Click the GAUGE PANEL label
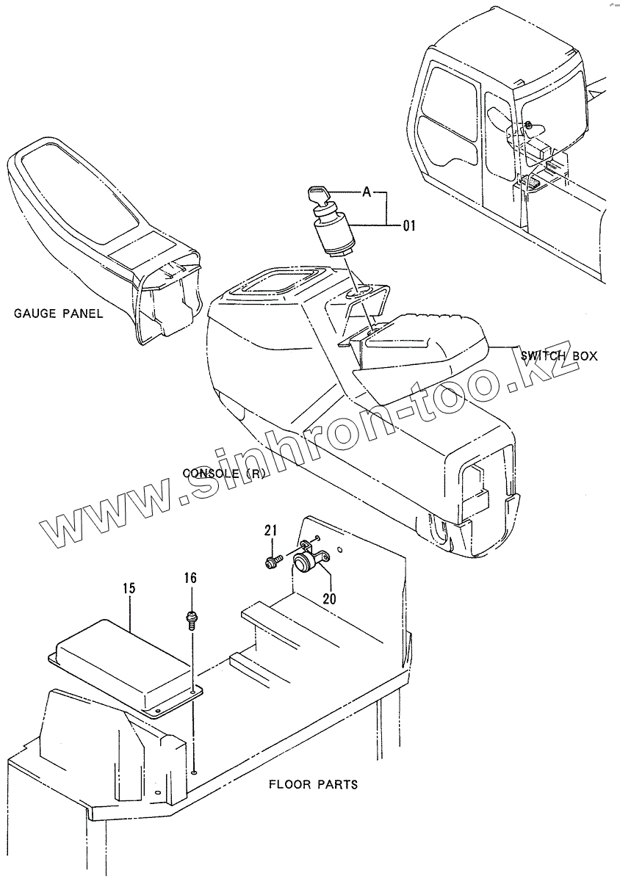(59, 314)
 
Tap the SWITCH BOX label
(559, 356)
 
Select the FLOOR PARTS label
(313, 784)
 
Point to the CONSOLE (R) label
(223, 473)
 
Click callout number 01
(408, 225)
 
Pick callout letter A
(365, 192)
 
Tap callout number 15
(129, 588)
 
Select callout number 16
(190, 579)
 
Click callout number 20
(329, 598)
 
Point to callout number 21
(270, 531)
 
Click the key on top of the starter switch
(317, 195)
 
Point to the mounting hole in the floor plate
(192, 771)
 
